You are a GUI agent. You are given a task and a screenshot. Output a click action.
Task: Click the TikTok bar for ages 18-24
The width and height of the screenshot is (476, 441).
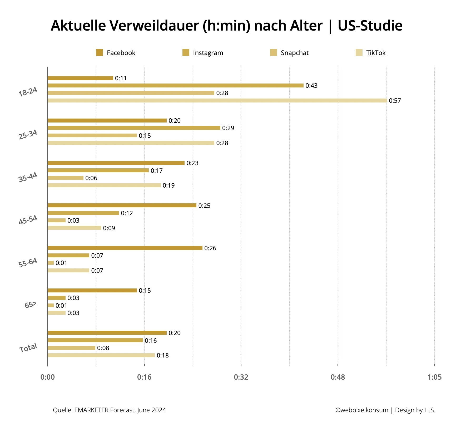217,101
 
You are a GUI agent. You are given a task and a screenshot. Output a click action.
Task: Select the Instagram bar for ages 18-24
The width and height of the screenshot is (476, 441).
176,86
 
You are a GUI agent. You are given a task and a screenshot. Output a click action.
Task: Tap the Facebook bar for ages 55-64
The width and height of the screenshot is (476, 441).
125,248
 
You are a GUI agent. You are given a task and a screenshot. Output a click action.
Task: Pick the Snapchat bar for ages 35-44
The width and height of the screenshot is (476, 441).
66,178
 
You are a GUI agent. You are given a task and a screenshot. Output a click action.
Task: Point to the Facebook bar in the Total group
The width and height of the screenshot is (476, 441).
107,333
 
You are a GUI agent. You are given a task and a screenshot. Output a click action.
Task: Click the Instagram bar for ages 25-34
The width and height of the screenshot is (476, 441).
134,128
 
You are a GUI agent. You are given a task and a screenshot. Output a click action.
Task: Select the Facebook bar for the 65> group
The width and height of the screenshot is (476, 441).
92,291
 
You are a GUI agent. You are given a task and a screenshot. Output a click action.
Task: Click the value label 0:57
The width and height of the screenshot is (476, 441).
395,101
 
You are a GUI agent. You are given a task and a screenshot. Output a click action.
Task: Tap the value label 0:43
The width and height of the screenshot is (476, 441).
311,86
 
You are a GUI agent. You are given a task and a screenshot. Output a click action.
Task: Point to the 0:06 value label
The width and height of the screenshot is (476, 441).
91,178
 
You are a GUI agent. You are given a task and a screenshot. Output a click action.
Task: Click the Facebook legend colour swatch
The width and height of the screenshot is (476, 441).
100,53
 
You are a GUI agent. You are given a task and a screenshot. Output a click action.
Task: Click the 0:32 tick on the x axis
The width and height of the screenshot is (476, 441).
241,377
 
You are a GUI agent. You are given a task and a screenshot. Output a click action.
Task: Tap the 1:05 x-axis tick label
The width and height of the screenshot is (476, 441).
434,377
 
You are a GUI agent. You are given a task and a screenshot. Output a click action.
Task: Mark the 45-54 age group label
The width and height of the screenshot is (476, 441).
28,220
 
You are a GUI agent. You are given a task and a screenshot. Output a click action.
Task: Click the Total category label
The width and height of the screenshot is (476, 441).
28,348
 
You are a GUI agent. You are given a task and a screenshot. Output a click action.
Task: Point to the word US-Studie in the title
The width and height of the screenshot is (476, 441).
370,26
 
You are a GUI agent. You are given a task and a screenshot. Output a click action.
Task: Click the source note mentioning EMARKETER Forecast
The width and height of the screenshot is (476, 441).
109,410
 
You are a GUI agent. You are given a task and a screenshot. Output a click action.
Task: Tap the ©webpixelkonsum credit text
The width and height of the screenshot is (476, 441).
361,410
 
